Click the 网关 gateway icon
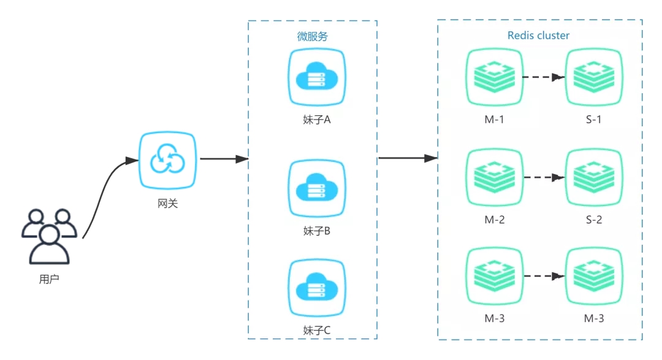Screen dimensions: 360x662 167,160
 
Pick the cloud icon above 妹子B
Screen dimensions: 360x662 316,189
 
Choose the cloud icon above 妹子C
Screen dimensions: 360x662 316,288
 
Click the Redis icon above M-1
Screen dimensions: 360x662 494,77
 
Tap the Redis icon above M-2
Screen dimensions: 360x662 494,177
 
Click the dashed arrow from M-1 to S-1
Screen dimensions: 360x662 543,77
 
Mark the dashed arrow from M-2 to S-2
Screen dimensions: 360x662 543,177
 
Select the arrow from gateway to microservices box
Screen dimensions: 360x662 224,159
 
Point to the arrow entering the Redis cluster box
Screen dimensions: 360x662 408,158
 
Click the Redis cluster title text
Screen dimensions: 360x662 538,36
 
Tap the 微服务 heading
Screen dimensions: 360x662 313,37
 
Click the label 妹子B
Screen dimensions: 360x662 317,231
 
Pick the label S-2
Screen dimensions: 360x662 593,219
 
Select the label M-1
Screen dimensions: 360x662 494,119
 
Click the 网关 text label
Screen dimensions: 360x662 167,203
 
